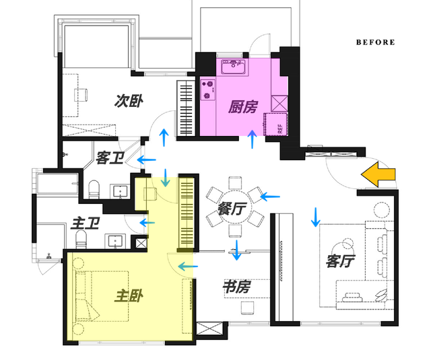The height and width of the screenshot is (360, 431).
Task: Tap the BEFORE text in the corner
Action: [x=376, y=42]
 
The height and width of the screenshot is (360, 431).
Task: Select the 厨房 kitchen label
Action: [x=242, y=106]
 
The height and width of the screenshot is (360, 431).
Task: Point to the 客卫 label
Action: [x=110, y=158]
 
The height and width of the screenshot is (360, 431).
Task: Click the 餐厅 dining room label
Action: [x=231, y=209]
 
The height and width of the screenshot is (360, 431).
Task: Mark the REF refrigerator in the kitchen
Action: [x=276, y=124]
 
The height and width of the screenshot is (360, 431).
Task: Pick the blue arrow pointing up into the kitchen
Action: [x=253, y=139]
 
